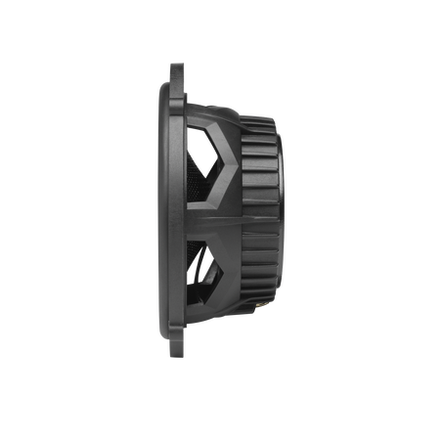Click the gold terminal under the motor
click(265, 304)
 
